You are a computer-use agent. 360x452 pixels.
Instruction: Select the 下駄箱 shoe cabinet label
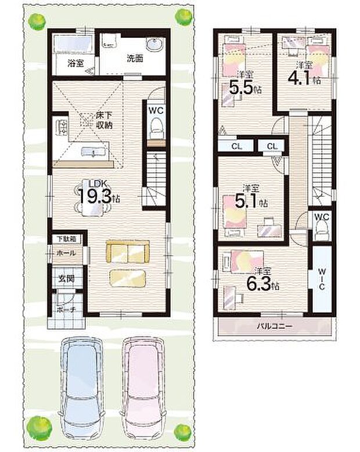[x=66, y=238]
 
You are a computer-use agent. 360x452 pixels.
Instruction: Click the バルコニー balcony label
[x=275, y=327]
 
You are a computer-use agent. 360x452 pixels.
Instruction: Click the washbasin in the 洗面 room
[x=155, y=45]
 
